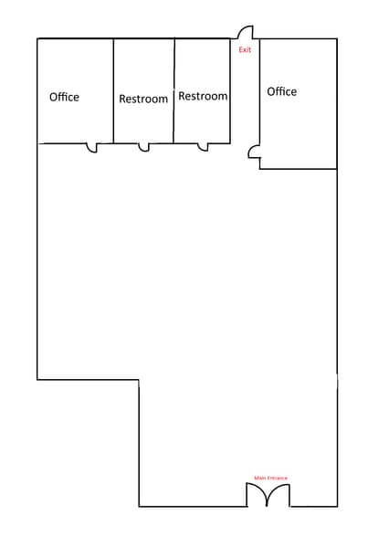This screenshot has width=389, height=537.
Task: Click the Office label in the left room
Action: (64, 97)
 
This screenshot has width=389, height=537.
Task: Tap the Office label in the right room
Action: (281, 91)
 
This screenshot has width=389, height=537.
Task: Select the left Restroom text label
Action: (143, 99)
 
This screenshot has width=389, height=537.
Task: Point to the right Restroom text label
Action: (203, 96)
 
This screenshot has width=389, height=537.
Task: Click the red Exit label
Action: (245, 49)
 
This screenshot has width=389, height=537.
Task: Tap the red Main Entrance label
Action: (270, 478)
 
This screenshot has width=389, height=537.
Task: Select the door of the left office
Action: (90, 147)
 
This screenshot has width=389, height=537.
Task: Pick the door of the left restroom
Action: (143, 147)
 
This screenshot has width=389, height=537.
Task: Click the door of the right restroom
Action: (203, 147)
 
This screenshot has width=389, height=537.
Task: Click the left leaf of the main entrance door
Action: (257, 495)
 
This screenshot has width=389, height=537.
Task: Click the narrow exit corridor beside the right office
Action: (245, 100)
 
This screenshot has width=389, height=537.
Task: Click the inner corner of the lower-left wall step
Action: (139, 379)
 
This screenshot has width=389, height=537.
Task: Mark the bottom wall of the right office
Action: (300, 169)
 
